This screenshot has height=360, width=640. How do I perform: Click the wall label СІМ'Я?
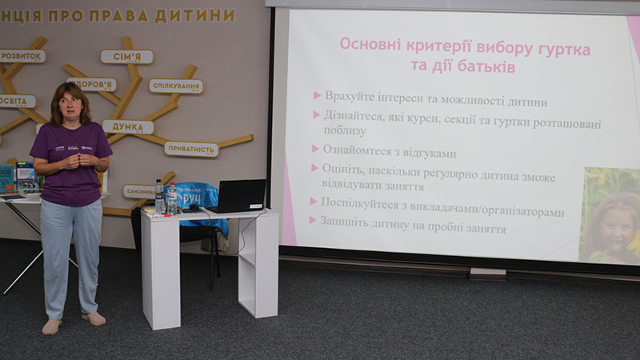[126, 57]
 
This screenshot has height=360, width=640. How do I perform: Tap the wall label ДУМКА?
[128, 126]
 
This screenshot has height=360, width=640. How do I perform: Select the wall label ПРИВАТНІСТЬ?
[191, 149]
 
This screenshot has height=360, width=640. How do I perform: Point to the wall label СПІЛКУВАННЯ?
[176, 86]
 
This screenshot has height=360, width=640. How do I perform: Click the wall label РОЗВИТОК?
[22, 56]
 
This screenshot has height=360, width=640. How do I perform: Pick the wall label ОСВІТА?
[16, 101]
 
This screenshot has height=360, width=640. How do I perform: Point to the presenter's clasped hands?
[71, 159]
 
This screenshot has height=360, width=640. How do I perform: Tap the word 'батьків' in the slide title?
[484, 66]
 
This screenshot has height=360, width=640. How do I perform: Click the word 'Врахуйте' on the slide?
[350, 96]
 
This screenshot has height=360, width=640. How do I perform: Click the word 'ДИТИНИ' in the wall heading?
[195, 15]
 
